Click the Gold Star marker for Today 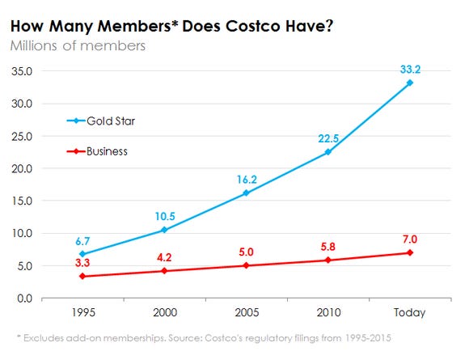tap(410, 83)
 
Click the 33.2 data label tap(410, 69)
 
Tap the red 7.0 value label tap(410, 239)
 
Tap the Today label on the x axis tap(410, 313)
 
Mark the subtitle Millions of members tap(78, 45)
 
